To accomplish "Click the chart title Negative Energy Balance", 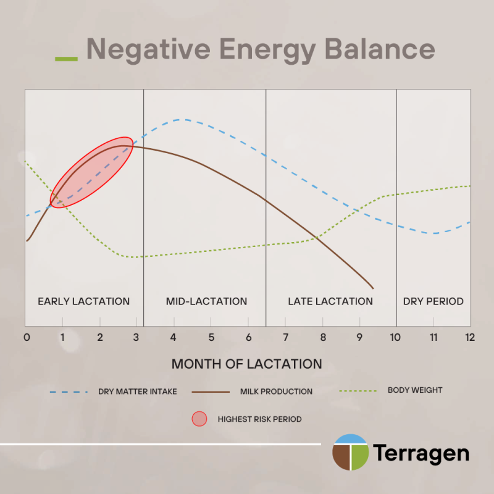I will click(260, 49).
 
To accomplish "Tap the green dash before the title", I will click(66, 59).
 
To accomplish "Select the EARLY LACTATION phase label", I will click(84, 301).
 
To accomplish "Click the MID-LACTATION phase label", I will click(206, 301).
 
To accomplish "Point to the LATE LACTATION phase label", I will click(330, 301).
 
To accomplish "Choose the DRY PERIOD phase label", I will click(433, 301).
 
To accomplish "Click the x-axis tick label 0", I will click(27, 338).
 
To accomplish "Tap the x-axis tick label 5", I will click(211, 338).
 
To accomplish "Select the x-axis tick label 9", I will click(359, 338).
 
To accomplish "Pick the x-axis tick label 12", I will click(469, 338).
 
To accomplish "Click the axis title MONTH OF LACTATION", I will click(247, 364).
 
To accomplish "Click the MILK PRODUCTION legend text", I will click(276, 391).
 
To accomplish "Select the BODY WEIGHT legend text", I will click(415, 390).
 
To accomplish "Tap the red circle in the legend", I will click(200, 419).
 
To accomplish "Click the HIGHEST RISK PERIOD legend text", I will click(259, 419).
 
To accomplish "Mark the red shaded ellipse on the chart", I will click(91, 172).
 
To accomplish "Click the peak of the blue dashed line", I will click(180, 119).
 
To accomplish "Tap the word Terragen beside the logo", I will click(420, 454).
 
